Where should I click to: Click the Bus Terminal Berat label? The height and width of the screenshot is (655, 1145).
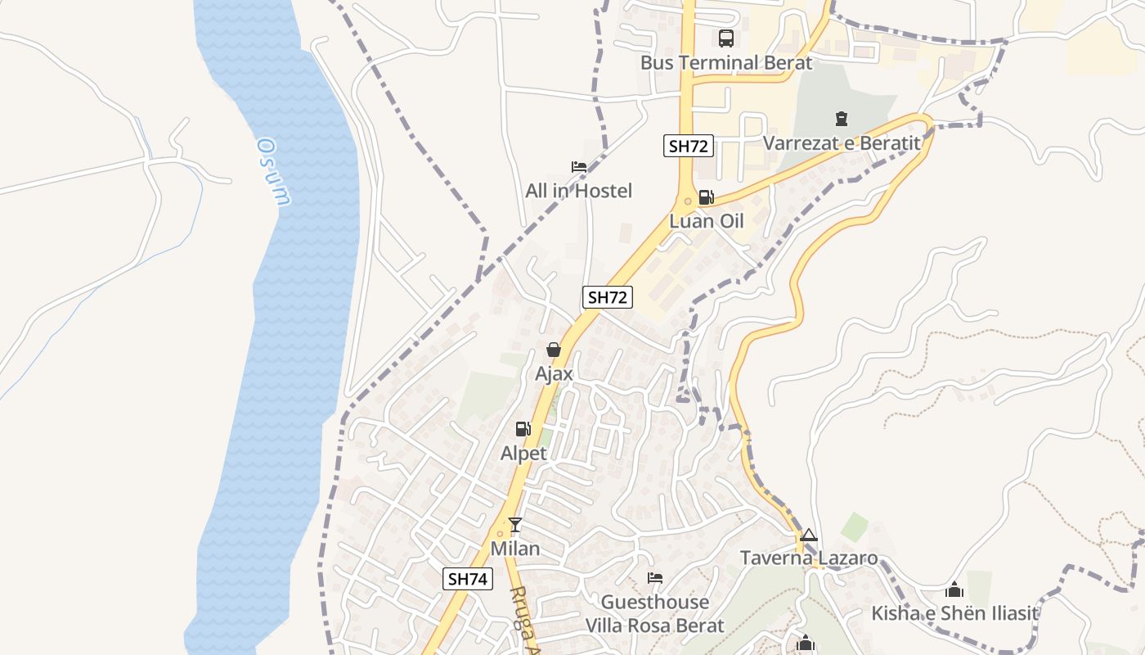click(725, 63)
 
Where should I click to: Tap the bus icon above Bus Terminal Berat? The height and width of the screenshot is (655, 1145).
click(725, 38)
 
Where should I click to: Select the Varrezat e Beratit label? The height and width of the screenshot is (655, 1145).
click(842, 143)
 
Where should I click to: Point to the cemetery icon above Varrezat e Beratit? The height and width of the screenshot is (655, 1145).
click(842, 120)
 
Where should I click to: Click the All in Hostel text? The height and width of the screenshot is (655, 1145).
click(578, 191)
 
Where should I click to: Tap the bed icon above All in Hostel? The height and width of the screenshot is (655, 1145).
click(579, 167)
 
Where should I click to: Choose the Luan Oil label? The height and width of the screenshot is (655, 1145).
click(707, 221)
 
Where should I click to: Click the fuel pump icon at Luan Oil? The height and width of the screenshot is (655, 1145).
click(707, 197)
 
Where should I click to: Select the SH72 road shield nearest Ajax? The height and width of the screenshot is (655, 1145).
click(607, 297)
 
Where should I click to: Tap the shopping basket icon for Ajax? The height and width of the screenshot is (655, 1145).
click(554, 350)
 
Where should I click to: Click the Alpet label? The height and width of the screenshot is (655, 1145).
click(523, 453)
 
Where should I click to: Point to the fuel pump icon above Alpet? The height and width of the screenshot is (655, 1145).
click(523, 429)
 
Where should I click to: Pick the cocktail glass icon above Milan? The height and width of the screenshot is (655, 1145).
click(515, 525)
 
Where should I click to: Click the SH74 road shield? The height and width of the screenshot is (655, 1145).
click(469, 579)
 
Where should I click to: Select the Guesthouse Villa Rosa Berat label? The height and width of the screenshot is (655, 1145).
click(654, 614)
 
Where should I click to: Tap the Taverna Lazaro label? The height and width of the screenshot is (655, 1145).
click(808, 558)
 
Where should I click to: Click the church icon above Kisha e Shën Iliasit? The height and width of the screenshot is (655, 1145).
click(954, 589)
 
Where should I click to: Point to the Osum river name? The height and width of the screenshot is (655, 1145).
click(274, 172)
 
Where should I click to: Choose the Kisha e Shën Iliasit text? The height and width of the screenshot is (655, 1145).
click(954, 613)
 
